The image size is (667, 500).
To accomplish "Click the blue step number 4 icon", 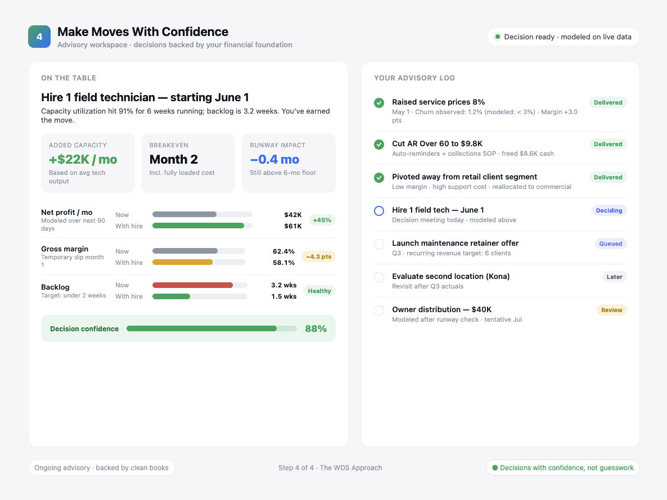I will pyautogui.click(x=39, y=37).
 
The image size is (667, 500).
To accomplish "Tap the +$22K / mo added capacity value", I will pyautogui.click(x=83, y=159).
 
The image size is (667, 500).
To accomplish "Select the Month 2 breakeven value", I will pyautogui.click(x=174, y=159).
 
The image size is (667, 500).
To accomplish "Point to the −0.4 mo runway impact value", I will pyautogui.click(x=274, y=159).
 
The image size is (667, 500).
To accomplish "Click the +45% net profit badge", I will pyautogui.click(x=322, y=220).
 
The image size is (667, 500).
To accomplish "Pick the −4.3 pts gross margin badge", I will pyautogui.click(x=318, y=256).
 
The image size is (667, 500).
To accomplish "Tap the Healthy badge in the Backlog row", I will pyautogui.click(x=319, y=291).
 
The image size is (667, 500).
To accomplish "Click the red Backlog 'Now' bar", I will pyautogui.click(x=192, y=285).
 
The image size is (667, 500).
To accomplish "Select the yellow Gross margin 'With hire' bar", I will pyautogui.click(x=182, y=262).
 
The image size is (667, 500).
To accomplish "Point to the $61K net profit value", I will pyautogui.click(x=292, y=226).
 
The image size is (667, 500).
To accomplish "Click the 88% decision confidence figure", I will pyautogui.click(x=316, y=328).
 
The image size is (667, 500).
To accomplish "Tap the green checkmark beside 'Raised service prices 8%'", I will pyautogui.click(x=379, y=102).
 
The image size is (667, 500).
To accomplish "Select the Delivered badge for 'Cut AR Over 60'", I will pyautogui.click(x=608, y=144).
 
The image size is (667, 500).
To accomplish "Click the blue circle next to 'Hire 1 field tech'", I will pyautogui.click(x=379, y=210).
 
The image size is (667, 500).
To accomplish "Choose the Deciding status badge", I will pyautogui.click(x=609, y=210).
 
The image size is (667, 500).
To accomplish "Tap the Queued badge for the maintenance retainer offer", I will pyautogui.click(x=611, y=244).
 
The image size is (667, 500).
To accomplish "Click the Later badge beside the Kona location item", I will pyautogui.click(x=614, y=277).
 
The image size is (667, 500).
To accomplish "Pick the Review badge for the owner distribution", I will pyautogui.click(x=611, y=310).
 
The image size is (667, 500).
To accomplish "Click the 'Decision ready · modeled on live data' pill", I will pyautogui.click(x=563, y=37).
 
